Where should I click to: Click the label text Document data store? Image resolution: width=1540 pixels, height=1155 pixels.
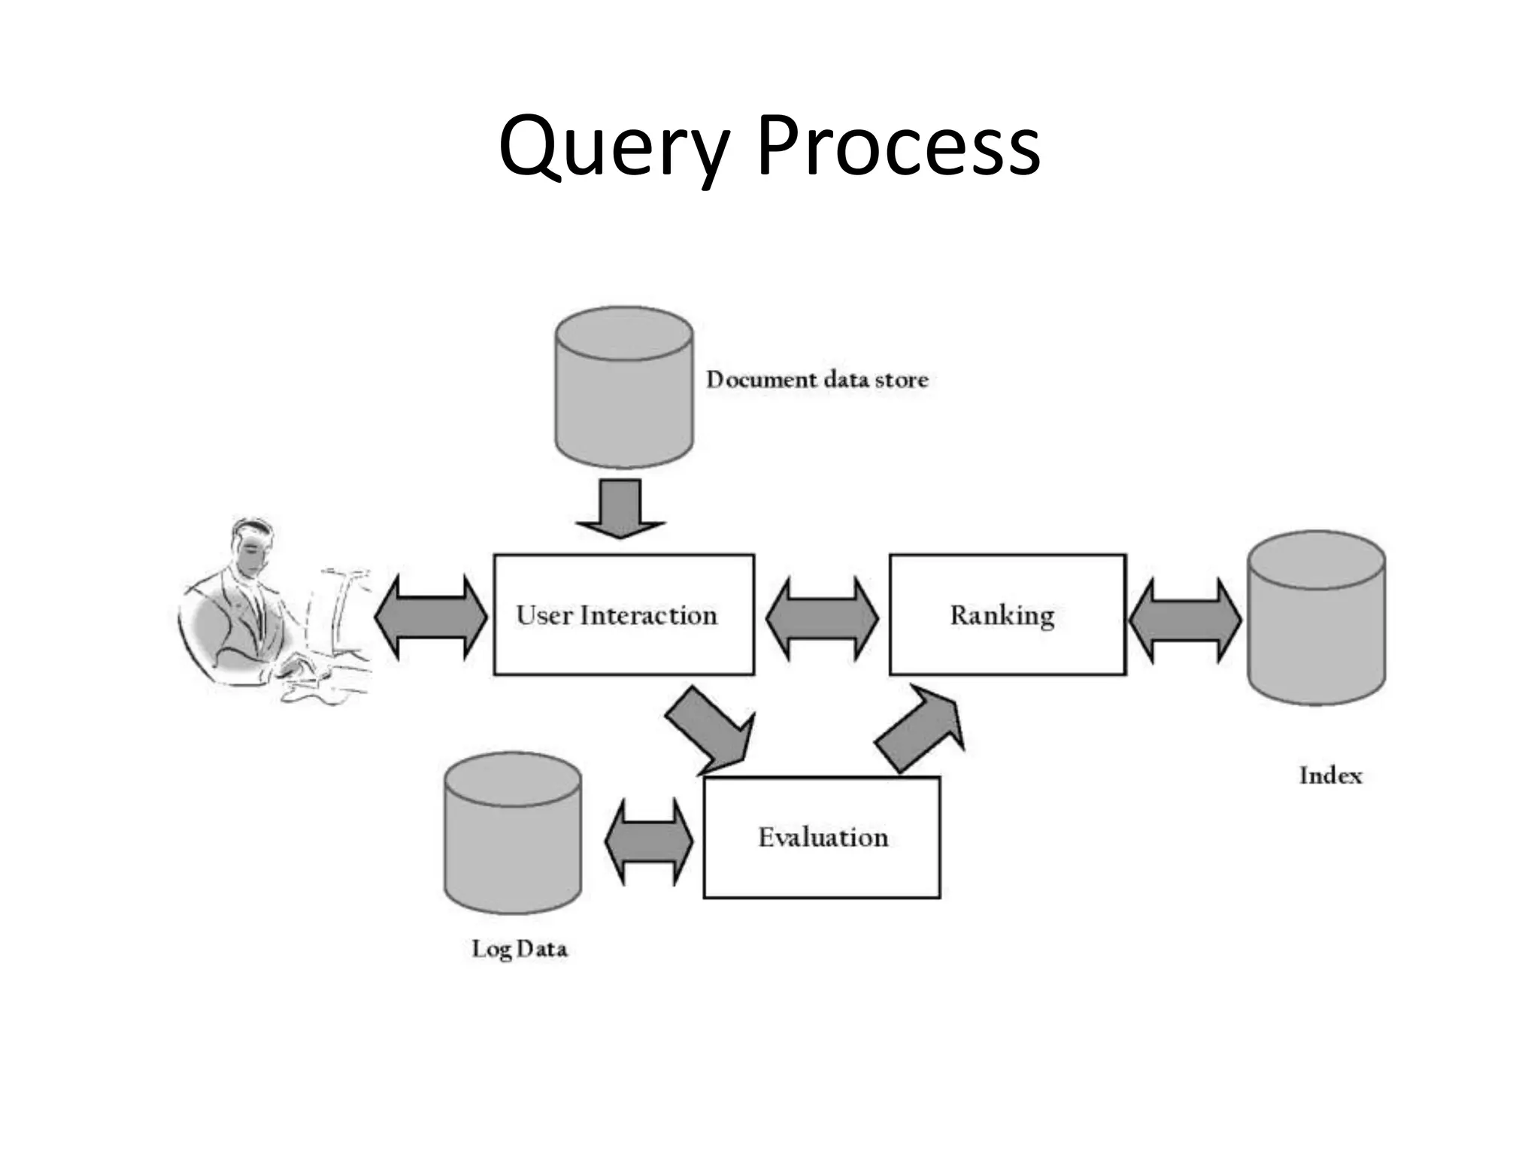point(817,380)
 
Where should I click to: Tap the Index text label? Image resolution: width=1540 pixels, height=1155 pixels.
point(1330,776)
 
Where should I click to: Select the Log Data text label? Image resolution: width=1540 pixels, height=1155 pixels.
point(519,949)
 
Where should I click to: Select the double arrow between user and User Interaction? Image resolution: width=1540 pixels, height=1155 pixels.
point(431,617)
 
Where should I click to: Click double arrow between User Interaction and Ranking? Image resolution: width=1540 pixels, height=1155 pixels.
point(821,618)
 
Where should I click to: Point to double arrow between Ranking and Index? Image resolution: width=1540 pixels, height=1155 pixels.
point(1185,620)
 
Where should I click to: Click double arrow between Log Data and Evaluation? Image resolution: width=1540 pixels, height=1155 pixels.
point(648,841)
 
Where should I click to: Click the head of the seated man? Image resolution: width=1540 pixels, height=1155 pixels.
point(252,549)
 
